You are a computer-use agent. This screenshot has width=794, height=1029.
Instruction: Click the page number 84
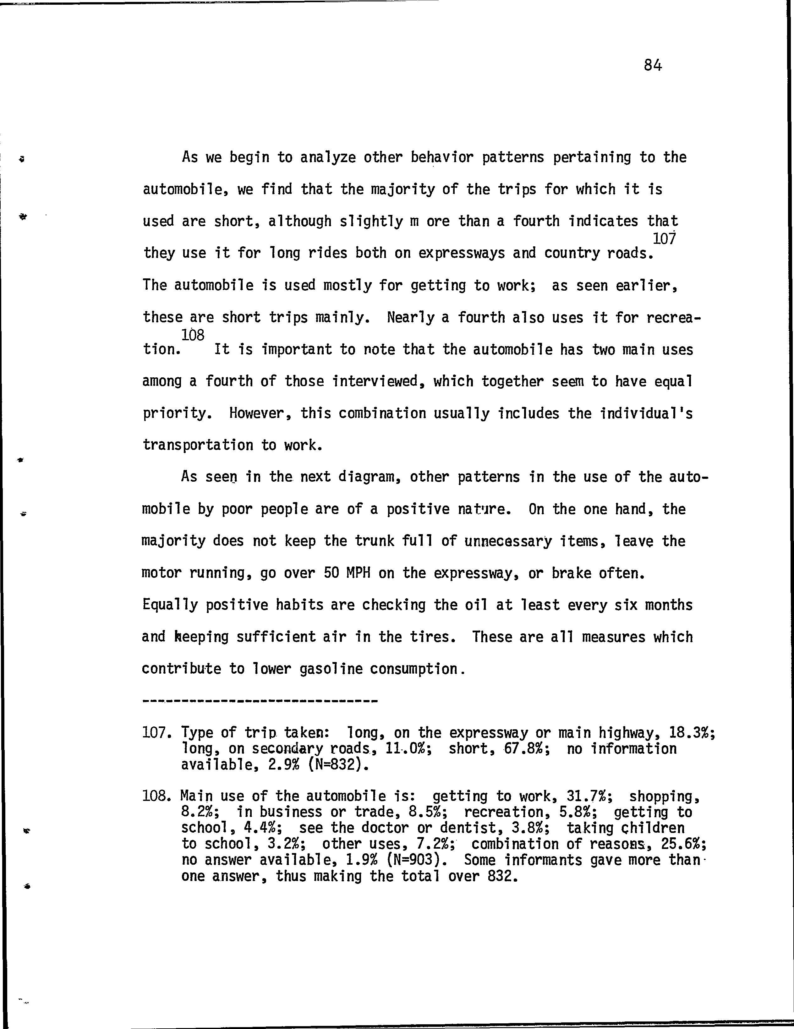(653, 65)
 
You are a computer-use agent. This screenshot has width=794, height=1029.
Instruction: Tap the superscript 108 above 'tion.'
(193, 336)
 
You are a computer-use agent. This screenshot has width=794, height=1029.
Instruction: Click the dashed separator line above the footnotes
(260, 702)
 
